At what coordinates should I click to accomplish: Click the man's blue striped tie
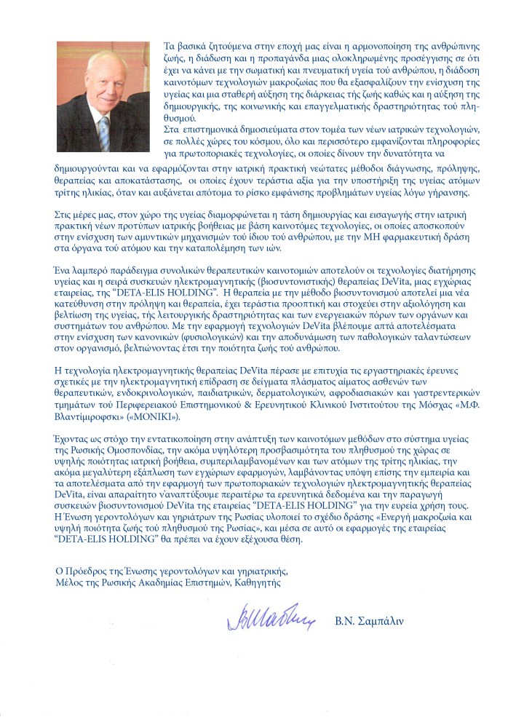pyautogui.click(x=103, y=132)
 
